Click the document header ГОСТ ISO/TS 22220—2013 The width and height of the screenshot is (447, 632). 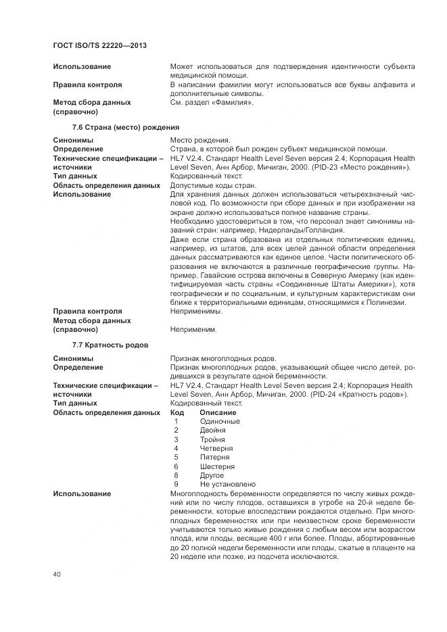(x=99, y=45)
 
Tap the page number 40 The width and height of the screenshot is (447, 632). (x=57, y=573)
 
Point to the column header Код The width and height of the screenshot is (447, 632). (x=177, y=412)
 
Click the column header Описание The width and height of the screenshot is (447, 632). (x=218, y=412)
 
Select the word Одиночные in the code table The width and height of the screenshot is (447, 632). (x=220, y=421)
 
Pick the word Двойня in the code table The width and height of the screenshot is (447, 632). (x=213, y=430)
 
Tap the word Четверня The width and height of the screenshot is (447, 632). (x=216, y=448)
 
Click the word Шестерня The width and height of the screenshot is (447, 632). (x=217, y=466)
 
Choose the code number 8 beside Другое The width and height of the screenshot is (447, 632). (x=176, y=475)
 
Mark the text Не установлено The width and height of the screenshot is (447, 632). (x=228, y=484)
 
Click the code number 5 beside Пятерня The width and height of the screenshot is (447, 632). (x=176, y=457)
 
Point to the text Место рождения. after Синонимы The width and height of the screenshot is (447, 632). (x=200, y=140)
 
